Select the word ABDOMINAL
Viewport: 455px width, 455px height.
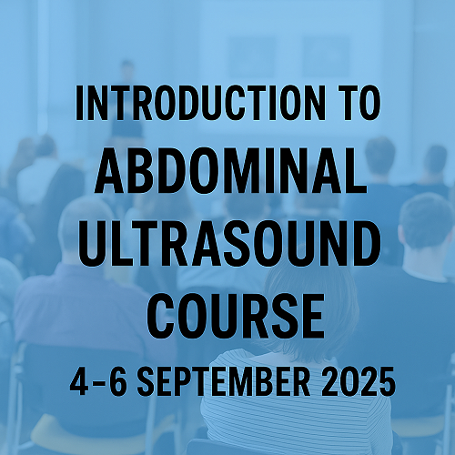pyautogui.click(x=230, y=170)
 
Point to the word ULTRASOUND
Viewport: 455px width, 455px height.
pyautogui.click(x=229, y=244)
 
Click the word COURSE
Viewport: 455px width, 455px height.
pyautogui.click(x=236, y=317)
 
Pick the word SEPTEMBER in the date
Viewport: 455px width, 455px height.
pyautogui.click(x=224, y=381)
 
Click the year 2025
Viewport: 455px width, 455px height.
pyautogui.click(x=359, y=381)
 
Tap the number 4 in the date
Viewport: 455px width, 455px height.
pyautogui.click(x=79, y=381)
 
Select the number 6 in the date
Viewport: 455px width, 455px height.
pyautogui.click(x=117, y=381)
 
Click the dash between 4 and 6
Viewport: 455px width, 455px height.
pyautogui.click(x=98, y=383)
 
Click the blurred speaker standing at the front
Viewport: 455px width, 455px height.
pyautogui.click(x=126, y=100)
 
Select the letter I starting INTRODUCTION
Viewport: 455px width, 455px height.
pyautogui.click(x=78, y=103)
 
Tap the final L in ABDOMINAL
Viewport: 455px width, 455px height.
pyautogui.click(x=356, y=171)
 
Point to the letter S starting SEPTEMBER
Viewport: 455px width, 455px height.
pyautogui.click(x=147, y=381)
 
